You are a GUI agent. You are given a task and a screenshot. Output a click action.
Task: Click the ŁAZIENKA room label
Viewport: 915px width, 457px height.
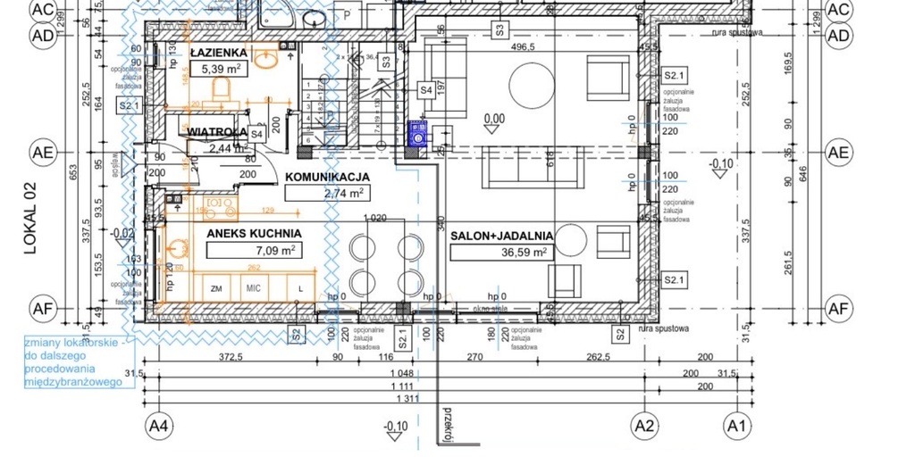pos(218,53)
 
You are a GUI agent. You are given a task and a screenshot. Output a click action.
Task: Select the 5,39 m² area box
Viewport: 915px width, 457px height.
pos(219,69)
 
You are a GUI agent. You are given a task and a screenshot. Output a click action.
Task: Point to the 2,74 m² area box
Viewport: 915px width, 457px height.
pos(325,193)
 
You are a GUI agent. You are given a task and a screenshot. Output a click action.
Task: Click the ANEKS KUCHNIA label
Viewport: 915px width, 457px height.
pos(254,234)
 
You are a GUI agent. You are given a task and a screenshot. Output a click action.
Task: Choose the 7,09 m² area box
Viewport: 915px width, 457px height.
pos(254,251)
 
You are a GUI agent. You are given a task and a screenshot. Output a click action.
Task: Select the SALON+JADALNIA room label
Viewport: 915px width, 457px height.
pos(501,236)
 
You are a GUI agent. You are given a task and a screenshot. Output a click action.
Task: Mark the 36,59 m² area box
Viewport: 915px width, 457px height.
pos(500,253)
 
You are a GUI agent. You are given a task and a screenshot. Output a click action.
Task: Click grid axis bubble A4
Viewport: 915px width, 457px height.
pos(159,425)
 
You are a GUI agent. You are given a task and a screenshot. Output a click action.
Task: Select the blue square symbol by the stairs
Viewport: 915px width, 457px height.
pos(417,134)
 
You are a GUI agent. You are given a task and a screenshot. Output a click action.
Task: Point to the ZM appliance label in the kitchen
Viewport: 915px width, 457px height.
pos(215,289)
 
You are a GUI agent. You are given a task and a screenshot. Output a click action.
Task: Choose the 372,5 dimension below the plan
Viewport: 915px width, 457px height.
pos(231,358)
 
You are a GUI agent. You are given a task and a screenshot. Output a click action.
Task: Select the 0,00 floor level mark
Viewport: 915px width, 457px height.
pos(493,118)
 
